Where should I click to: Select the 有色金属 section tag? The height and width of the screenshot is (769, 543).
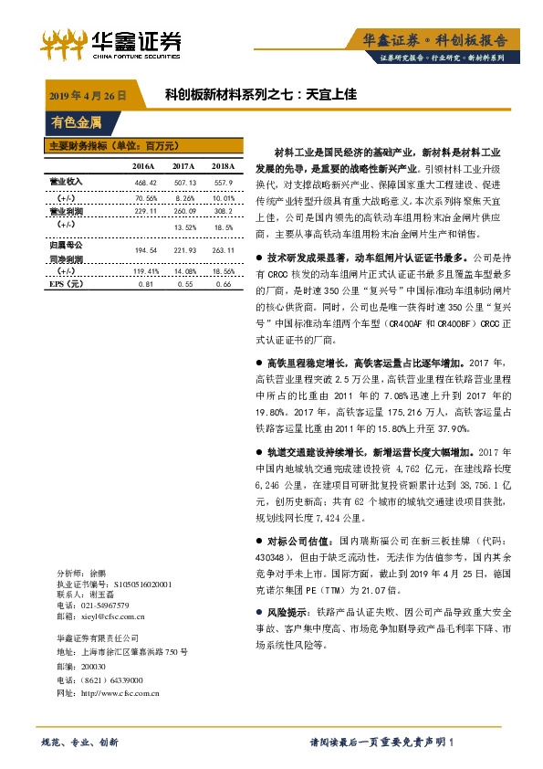pyautogui.click(x=77, y=121)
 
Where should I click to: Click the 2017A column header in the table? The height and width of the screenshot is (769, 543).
pyautogui.click(x=183, y=166)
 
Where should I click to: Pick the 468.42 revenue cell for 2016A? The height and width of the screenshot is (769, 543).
pyautogui.click(x=145, y=183)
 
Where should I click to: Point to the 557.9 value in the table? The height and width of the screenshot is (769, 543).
pyautogui.click(x=223, y=183)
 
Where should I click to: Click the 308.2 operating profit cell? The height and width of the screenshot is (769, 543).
pyautogui.click(x=224, y=211)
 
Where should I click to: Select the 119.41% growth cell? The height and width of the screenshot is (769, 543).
pyautogui.click(x=145, y=271)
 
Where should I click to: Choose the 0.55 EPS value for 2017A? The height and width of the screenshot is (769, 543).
pyautogui.click(x=183, y=285)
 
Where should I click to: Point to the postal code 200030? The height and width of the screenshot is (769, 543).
pyautogui.click(x=94, y=668)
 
